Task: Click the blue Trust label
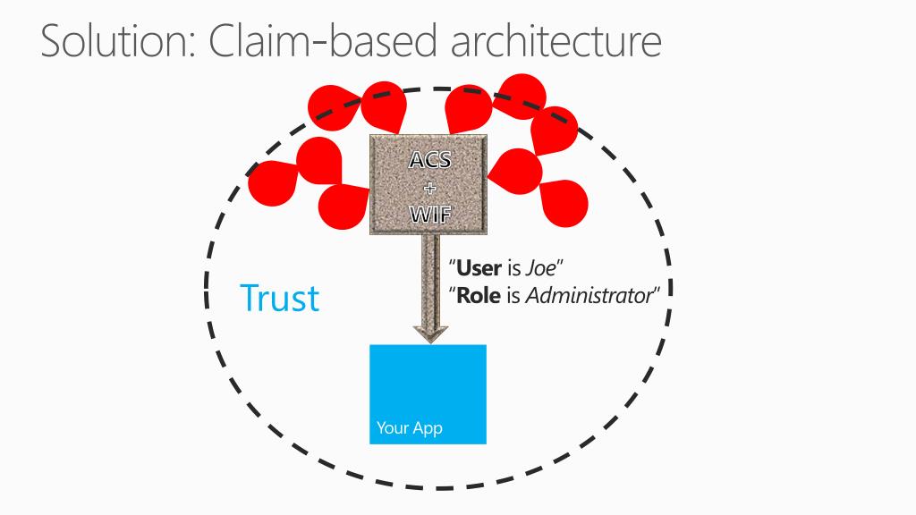[279, 298]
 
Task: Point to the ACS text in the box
[429, 161]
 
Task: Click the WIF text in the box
[429, 215]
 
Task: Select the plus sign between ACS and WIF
[429, 188]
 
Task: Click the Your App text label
[409, 428]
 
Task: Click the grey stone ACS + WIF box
[429, 185]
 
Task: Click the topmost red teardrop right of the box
[522, 94]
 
